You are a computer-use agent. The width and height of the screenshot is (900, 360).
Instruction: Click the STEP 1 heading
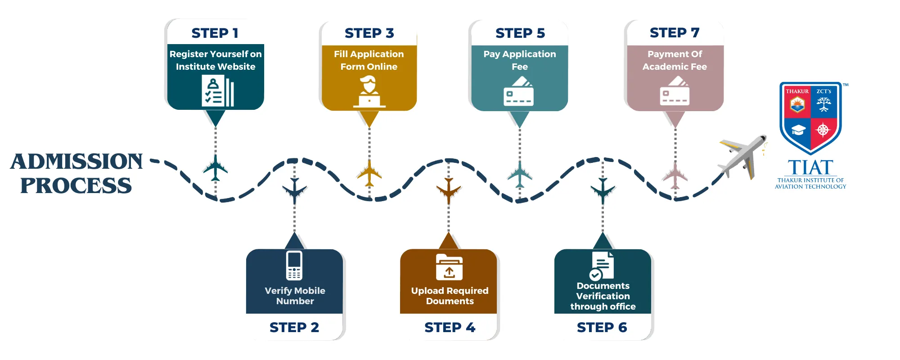tap(215, 33)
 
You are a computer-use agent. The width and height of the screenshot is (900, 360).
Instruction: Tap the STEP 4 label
tap(450, 327)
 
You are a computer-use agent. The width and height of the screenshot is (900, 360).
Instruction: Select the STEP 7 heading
tap(675, 32)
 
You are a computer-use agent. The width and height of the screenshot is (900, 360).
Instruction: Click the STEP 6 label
tap(602, 327)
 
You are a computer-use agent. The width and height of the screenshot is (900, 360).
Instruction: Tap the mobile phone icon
tap(294, 265)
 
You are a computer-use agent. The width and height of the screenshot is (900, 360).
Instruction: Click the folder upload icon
tap(449, 267)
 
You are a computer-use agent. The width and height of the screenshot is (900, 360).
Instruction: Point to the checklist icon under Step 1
tap(218, 91)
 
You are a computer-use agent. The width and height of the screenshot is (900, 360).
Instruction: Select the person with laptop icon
tap(369, 92)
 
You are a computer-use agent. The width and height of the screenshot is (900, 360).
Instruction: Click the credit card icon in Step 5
tap(519, 91)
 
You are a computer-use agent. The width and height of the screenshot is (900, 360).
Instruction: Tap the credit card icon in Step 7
tap(675, 91)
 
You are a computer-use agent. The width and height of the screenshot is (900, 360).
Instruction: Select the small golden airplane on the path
tap(369, 173)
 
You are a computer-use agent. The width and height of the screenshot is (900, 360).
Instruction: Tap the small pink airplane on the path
tap(675, 175)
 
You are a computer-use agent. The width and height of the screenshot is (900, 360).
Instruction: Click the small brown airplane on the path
tap(449, 191)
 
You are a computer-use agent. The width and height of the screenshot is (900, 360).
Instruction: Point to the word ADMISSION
tap(76, 162)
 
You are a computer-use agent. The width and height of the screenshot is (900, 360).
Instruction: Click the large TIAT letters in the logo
tap(810, 168)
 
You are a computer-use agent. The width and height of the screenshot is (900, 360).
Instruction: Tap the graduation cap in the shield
tap(798, 130)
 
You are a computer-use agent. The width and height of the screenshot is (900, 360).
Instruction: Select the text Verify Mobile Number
tap(295, 296)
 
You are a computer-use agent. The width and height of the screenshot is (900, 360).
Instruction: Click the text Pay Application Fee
tap(520, 60)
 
